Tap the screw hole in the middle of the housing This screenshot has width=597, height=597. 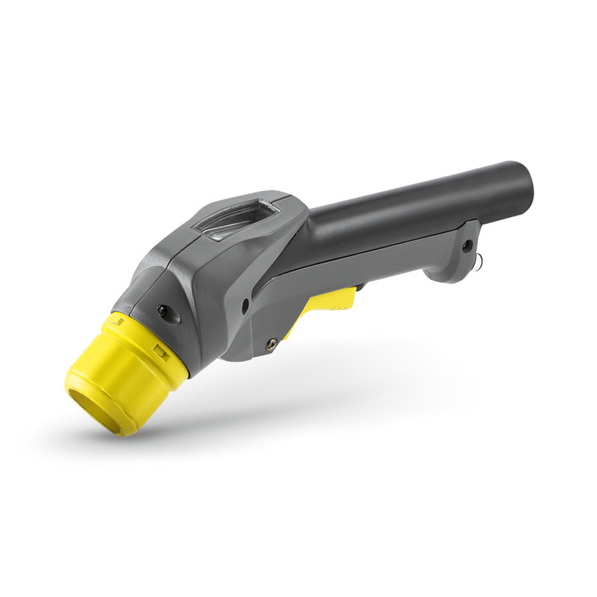tap(246, 304)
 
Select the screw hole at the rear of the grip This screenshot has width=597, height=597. tap(467, 245)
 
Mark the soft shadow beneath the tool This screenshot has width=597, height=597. tap(298, 418)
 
